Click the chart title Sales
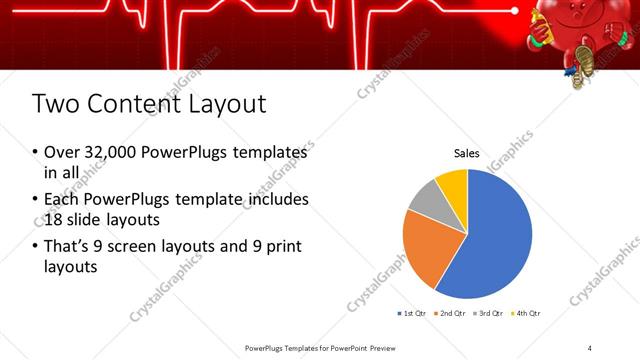click(x=467, y=154)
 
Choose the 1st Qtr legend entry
click(x=414, y=313)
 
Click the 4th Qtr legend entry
click(x=527, y=313)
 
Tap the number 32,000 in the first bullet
click(x=112, y=152)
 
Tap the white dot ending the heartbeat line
click(x=515, y=11)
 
